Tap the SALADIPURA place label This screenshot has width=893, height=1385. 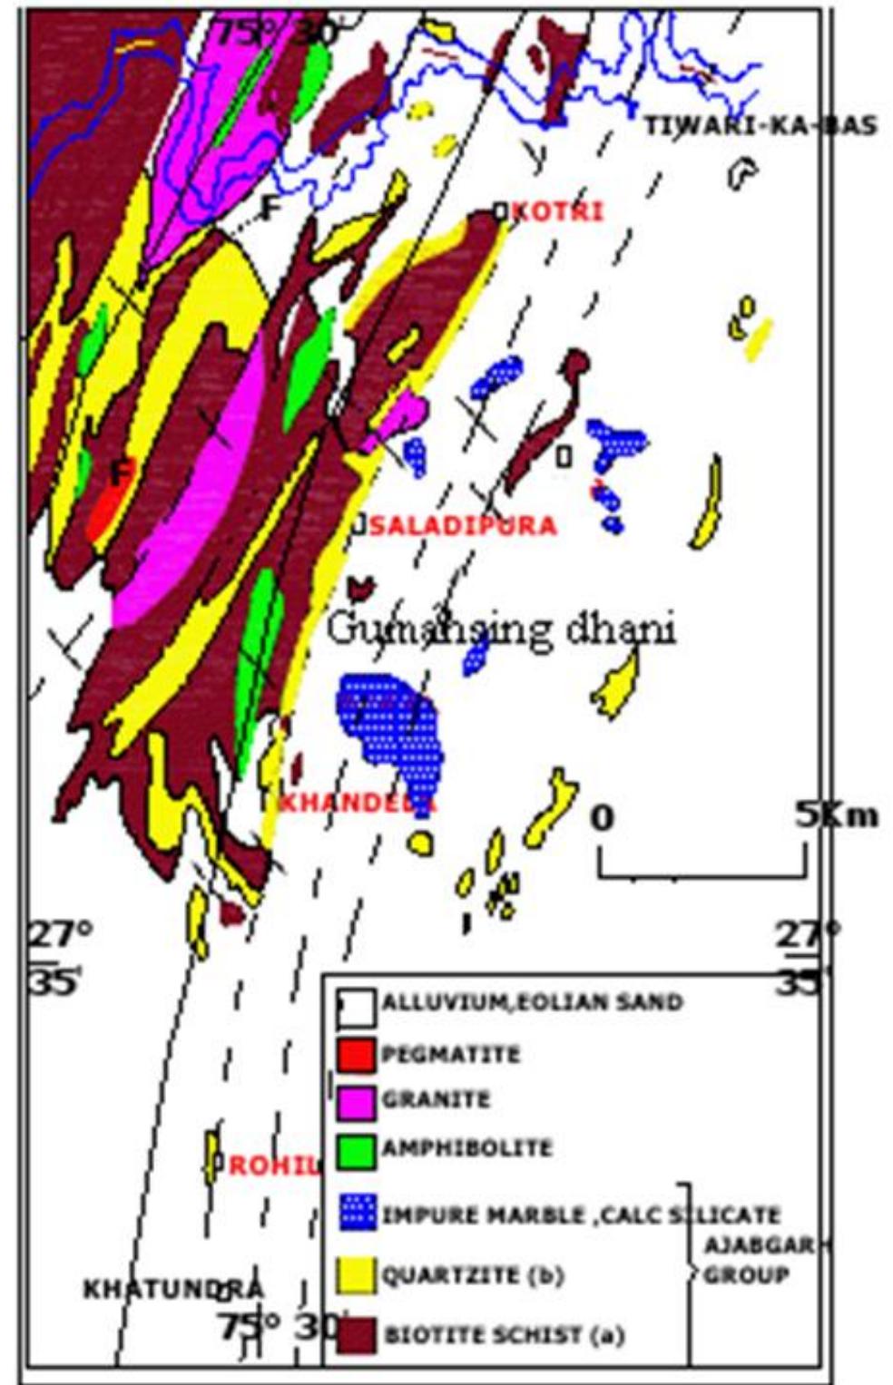[462, 525]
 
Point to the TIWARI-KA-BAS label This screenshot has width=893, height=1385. [761, 126]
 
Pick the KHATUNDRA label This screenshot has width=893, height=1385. [173, 1289]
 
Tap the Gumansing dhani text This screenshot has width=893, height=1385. [500, 629]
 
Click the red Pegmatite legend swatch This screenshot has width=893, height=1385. [355, 1054]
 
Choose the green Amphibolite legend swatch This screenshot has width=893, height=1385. [355, 1150]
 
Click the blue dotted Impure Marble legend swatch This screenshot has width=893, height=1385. [357, 1214]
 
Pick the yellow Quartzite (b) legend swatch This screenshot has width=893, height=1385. [356, 1274]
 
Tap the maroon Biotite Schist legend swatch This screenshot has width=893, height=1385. [356, 1335]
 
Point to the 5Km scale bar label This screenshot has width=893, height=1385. [836, 815]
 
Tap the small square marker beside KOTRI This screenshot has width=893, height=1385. [499, 210]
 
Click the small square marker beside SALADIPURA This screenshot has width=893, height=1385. [360, 524]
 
